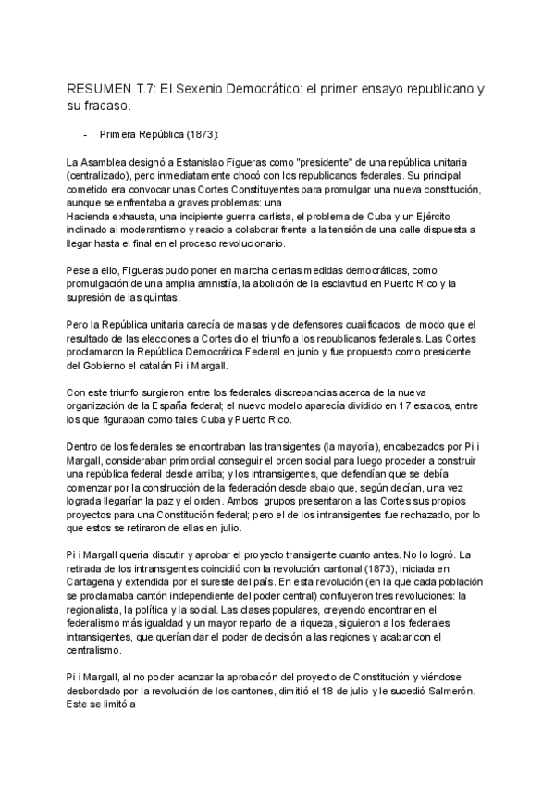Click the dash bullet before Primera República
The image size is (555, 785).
coord(85,134)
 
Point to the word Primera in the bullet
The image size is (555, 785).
coord(117,134)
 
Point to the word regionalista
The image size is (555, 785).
coord(97,605)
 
